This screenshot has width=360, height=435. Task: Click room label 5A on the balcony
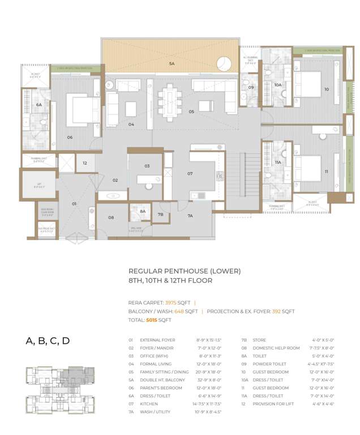coord(172,65)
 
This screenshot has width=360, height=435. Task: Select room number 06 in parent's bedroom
coord(70,137)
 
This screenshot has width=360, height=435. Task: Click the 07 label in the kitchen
coord(190,173)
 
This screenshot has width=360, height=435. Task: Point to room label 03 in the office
coord(147,166)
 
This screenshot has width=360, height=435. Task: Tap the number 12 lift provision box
coord(84,163)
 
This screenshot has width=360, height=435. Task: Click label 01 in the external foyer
coord(74,203)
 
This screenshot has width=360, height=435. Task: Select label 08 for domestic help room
coord(111,217)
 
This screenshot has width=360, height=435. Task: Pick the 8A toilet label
coord(143,211)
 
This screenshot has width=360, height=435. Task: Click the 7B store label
coord(161,215)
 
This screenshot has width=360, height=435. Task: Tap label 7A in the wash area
coord(190,216)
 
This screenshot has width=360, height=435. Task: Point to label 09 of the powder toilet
coord(251,87)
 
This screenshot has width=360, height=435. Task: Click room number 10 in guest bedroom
coord(326,89)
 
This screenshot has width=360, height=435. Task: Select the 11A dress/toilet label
coord(277,162)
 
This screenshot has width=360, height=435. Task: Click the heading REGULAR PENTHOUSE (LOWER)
coord(184,271)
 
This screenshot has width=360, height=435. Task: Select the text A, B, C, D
coord(48,341)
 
